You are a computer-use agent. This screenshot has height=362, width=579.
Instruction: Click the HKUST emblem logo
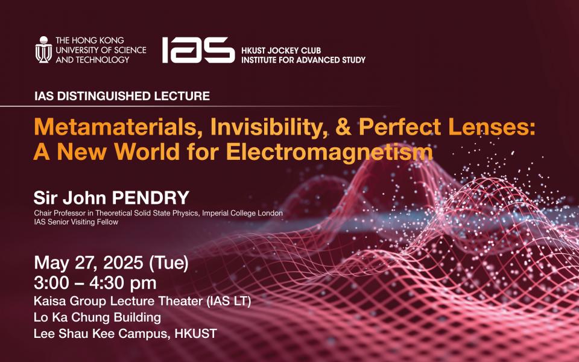[x=43, y=49]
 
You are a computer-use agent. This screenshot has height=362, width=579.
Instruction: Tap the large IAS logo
[x=198, y=50]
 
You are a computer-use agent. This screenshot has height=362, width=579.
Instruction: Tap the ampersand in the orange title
[x=343, y=127]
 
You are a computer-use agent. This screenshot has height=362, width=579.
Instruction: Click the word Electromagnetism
[x=329, y=152]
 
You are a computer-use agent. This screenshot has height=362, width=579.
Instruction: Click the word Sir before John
[x=46, y=198]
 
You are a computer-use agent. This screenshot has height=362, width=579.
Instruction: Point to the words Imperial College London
[x=242, y=213]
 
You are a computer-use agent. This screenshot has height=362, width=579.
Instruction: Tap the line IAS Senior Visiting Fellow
[x=76, y=222]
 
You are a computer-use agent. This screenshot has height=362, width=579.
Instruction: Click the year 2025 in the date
[x=123, y=263]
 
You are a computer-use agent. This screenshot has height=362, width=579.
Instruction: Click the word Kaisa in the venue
[x=50, y=301]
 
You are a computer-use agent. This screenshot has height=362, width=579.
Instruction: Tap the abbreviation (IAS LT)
[x=229, y=302]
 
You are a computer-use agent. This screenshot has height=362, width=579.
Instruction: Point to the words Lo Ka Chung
[x=72, y=317]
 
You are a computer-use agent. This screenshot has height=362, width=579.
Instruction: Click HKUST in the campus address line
[x=195, y=334]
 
